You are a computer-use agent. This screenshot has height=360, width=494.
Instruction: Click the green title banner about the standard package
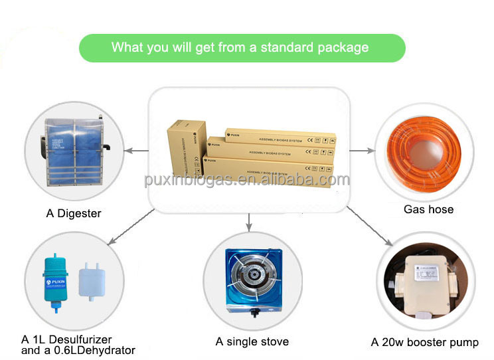(242, 48)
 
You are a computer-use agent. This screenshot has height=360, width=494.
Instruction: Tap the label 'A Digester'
(74, 214)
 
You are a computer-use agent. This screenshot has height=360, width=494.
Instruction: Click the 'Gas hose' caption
(428, 209)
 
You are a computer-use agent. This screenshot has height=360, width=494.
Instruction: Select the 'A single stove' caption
(252, 341)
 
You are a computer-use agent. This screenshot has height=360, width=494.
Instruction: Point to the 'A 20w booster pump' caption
(424, 343)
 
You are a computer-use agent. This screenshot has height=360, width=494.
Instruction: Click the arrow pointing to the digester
(137, 151)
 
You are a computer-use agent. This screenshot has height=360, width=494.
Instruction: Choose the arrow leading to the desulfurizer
(129, 226)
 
